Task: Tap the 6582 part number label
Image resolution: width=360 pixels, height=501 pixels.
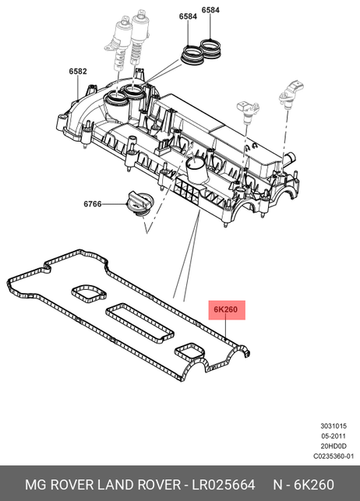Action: pos(78,71)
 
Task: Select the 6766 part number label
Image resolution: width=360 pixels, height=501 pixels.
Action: pos(93,204)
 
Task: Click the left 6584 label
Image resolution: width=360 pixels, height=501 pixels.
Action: pos(188,16)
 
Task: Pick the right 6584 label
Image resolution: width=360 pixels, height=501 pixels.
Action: pos(210,10)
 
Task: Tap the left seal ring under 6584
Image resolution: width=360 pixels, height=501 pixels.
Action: pos(192,55)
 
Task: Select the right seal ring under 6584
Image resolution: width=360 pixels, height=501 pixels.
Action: pos(210,48)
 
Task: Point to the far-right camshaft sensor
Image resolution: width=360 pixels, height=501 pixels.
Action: pos(290,95)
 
